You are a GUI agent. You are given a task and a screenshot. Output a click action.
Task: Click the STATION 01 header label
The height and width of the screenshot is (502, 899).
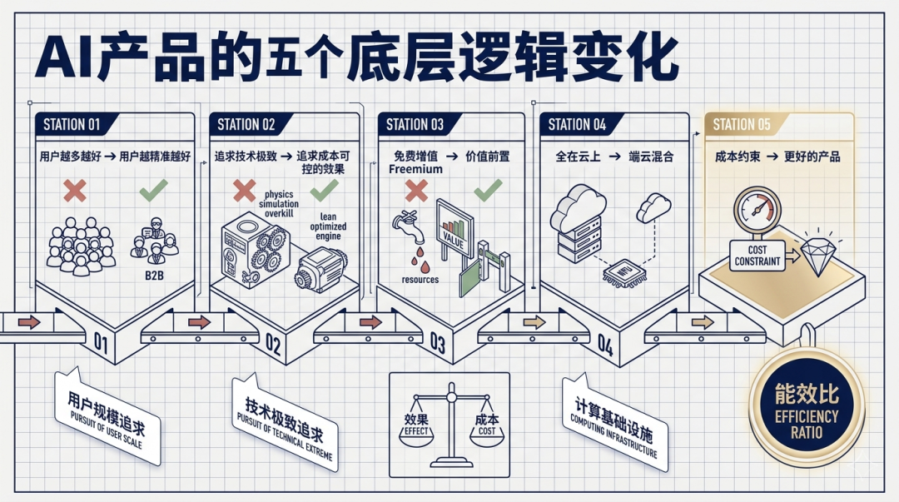(72, 125)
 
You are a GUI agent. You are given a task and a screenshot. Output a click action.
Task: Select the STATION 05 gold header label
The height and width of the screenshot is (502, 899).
(742, 125)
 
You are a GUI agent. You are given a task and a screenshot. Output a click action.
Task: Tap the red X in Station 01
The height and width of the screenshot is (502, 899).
(76, 191)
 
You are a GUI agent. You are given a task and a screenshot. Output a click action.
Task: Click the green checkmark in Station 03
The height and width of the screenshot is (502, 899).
(488, 191)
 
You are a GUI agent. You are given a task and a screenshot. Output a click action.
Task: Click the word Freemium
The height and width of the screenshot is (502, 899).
(415, 169)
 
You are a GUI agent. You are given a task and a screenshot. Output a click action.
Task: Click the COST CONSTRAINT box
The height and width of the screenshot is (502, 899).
(757, 256)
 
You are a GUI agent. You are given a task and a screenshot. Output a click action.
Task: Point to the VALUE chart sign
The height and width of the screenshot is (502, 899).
(454, 230)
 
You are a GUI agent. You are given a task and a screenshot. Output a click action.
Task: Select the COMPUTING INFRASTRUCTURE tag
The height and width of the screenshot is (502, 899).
(614, 421)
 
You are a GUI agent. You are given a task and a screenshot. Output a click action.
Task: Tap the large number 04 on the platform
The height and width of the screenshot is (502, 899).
(604, 345)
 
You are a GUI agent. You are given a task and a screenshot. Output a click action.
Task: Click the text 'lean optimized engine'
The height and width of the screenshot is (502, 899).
(328, 226)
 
